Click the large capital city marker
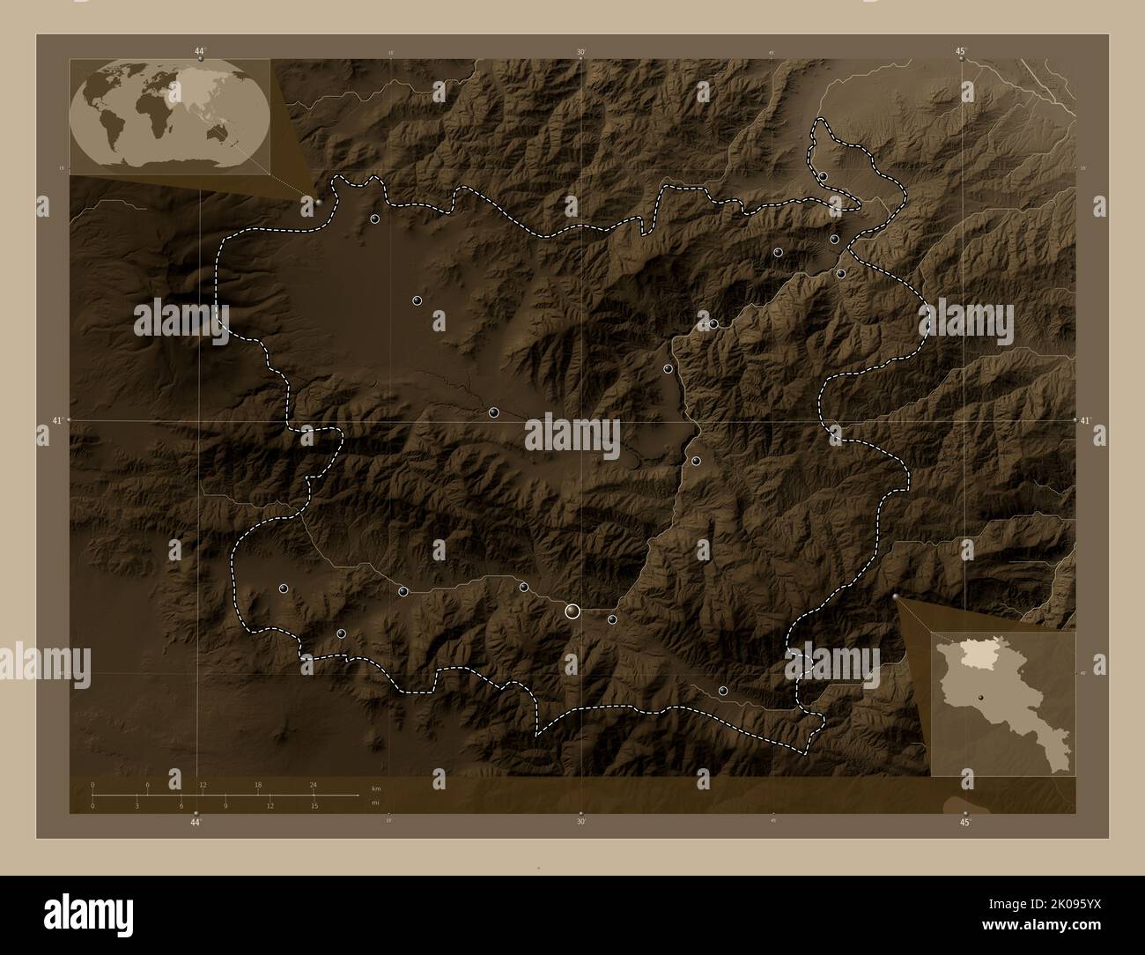click(573, 611)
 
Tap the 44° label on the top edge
click(200, 52)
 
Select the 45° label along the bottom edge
click(965, 823)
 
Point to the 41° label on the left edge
click(57, 421)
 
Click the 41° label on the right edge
click(1087, 421)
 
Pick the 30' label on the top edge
click(581, 53)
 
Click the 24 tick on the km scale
click(313, 784)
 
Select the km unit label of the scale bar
click(376, 788)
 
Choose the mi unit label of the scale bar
click(375, 803)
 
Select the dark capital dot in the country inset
click(979, 700)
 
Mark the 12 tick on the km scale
click(203, 784)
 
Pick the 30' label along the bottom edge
click(581, 823)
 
